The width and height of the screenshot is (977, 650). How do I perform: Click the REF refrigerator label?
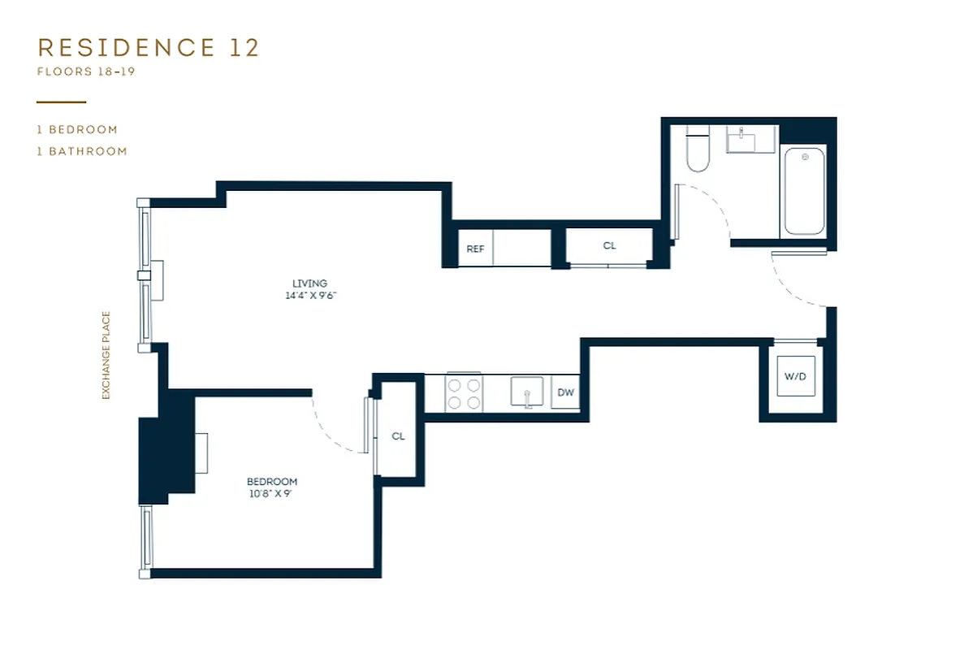click(475, 249)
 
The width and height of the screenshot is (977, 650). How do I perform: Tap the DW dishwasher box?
click(566, 393)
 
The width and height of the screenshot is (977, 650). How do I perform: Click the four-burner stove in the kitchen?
click(465, 393)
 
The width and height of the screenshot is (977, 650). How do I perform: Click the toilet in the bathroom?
click(697, 150)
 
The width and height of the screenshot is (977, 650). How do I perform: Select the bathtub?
click(803, 191)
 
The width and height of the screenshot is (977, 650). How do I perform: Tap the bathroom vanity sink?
click(741, 140)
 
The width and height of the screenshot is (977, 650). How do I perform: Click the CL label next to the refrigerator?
click(609, 245)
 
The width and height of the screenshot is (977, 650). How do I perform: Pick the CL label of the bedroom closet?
click(398, 436)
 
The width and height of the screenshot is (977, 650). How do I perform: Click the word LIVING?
click(309, 283)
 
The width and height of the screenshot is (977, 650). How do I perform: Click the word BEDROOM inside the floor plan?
click(272, 481)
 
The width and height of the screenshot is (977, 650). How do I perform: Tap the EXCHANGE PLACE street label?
click(106, 356)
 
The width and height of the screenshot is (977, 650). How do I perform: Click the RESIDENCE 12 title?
click(148, 47)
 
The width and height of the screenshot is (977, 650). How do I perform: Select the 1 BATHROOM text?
click(82, 151)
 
